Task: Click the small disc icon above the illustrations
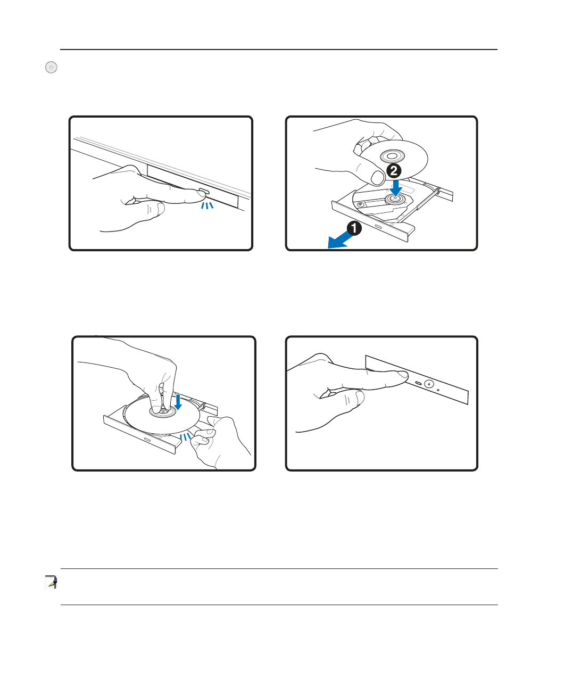click(x=51, y=67)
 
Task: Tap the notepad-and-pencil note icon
click(x=51, y=582)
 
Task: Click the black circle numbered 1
click(x=354, y=228)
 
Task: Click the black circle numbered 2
click(x=394, y=171)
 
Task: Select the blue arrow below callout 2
click(x=396, y=188)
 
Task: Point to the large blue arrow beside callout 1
click(x=339, y=241)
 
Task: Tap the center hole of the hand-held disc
click(x=393, y=156)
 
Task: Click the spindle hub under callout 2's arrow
click(x=395, y=199)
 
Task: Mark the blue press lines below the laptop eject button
click(x=207, y=205)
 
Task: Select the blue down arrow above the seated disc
click(x=178, y=402)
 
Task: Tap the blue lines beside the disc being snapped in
click(x=185, y=436)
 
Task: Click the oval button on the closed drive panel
click(x=418, y=383)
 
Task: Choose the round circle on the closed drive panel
click(x=429, y=384)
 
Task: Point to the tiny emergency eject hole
click(x=438, y=390)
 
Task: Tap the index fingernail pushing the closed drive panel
click(x=403, y=375)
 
